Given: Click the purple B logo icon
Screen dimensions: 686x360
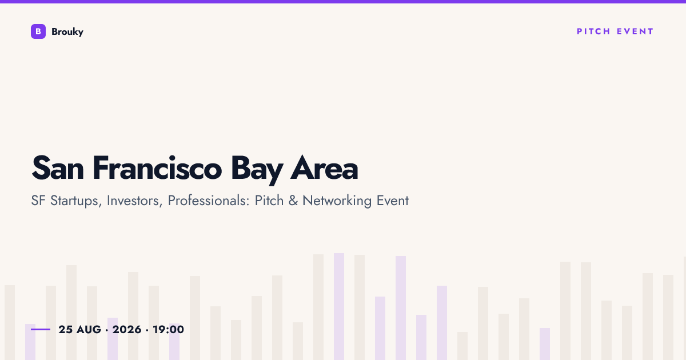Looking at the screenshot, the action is (x=38, y=31).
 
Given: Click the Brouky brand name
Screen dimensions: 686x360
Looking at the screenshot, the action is (x=67, y=32).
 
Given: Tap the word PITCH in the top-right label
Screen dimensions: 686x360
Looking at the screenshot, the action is (x=593, y=31).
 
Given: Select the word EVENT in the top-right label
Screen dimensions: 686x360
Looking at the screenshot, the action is (x=635, y=31).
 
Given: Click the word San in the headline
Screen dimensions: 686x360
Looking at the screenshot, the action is (x=58, y=168).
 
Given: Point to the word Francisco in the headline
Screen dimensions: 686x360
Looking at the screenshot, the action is (x=157, y=168).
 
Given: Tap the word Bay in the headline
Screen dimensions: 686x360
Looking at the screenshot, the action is (x=257, y=170).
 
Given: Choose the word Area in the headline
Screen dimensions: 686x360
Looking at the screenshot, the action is (x=324, y=168).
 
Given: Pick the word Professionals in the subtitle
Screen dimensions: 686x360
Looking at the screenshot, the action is (x=209, y=201).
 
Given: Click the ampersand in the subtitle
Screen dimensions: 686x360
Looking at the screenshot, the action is (x=293, y=201).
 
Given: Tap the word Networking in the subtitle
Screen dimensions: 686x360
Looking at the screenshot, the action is (x=337, y=201).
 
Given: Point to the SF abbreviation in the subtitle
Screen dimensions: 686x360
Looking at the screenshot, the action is (x=38, y=201).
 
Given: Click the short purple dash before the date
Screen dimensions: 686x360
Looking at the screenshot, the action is (x=41, y=329).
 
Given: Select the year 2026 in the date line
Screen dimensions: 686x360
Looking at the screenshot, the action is (x=127, y=330).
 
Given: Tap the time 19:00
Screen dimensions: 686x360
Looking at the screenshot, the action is (x=169, y=330).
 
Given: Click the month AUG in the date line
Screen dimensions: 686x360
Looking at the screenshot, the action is (x=89, y=330).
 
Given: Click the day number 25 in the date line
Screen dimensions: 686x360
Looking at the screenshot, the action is (x=66, y=330).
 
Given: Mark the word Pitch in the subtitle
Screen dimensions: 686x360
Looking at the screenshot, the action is (x=269, y=201).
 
